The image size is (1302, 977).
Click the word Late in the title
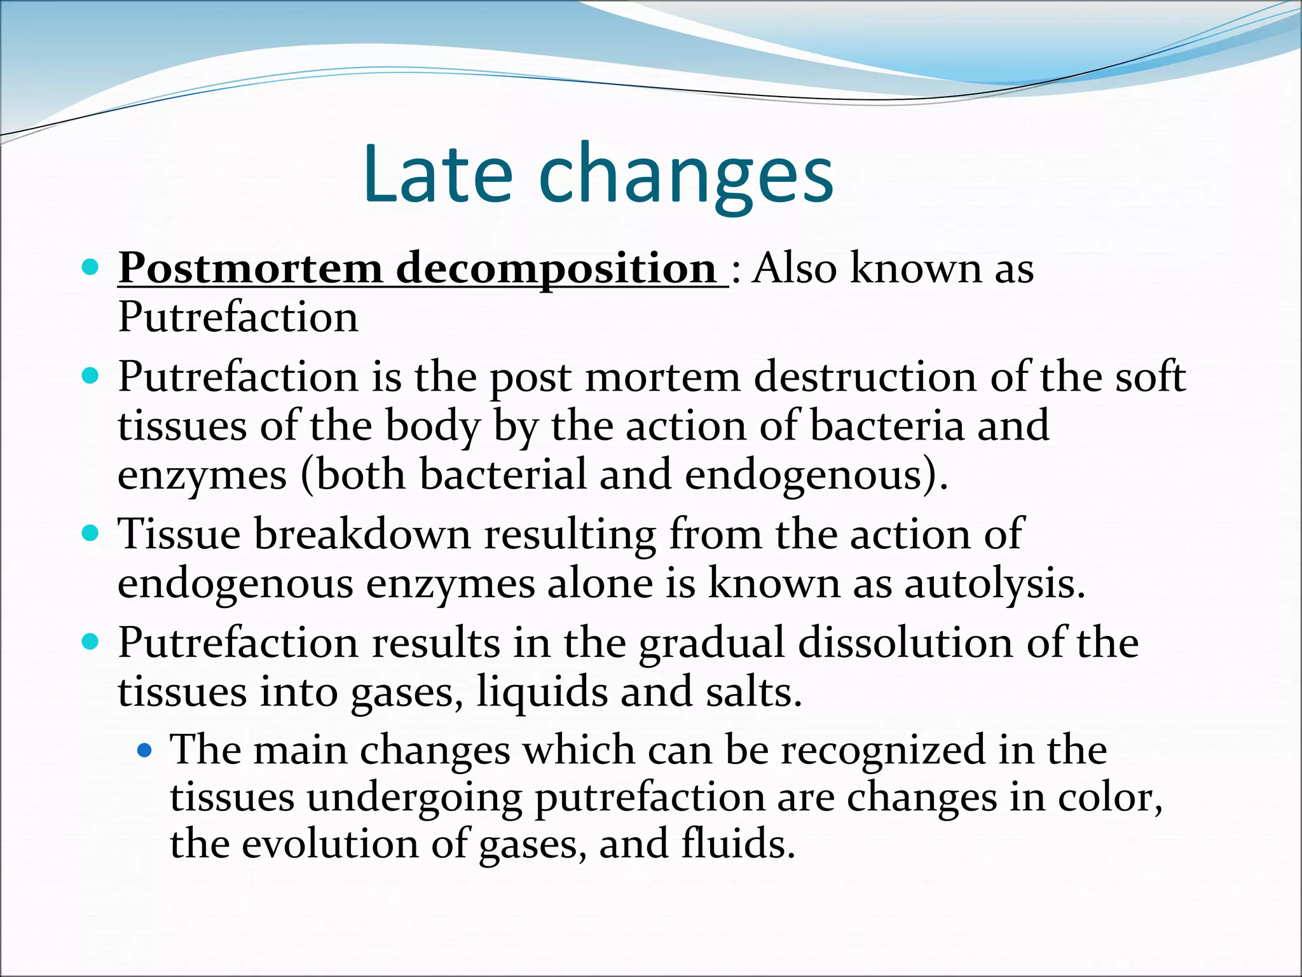[x=437, y=174]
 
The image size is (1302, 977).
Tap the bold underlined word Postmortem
[x=250, y=268]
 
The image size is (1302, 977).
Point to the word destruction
[x=865, y=377]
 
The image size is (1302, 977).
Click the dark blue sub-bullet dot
[x=145, y=751]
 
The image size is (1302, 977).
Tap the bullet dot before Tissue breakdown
[x=91, y=532]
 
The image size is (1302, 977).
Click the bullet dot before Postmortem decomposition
[x=91, y=267]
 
